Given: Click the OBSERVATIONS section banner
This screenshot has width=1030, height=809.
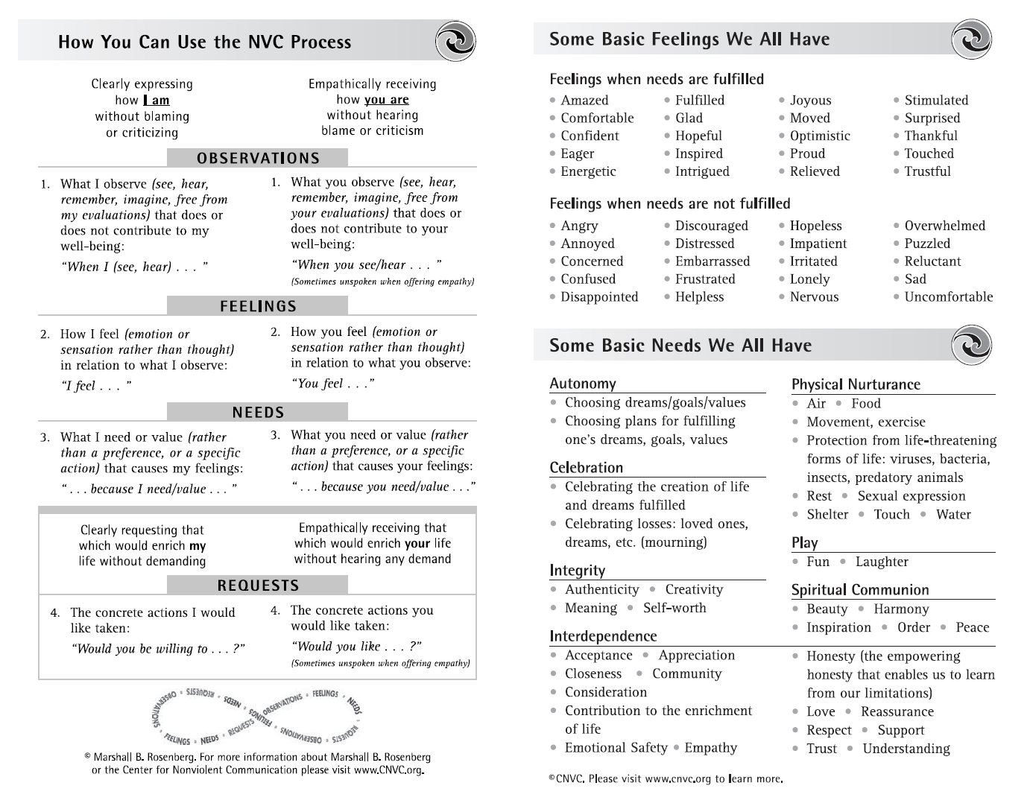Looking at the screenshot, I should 258,158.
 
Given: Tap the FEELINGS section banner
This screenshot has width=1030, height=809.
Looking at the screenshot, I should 258,306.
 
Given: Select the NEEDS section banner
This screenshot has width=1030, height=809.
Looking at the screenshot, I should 258,412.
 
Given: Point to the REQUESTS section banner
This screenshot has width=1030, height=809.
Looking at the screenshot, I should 258,586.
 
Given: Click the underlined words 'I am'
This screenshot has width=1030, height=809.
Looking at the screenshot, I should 157,100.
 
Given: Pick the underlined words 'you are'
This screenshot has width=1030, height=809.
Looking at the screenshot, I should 386,99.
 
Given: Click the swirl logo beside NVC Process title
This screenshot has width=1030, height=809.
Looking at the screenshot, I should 455,41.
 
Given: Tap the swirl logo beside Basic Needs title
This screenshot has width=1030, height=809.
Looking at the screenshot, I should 971,345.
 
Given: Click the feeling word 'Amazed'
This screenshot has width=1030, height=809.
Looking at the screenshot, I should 584,101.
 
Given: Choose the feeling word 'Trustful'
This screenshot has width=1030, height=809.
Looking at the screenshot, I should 927,171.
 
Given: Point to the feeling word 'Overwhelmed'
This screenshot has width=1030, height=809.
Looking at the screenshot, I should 944,226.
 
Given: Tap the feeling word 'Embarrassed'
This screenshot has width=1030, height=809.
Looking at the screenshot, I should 713,261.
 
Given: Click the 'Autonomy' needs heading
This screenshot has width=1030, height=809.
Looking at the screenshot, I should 583,384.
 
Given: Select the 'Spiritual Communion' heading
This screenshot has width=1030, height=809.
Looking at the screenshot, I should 860,590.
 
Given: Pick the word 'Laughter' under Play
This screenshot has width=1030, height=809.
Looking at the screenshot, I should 882,562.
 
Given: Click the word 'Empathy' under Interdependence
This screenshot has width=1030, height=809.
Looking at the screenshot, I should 710,748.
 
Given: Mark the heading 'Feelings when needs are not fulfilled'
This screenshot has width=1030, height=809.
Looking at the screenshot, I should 669,203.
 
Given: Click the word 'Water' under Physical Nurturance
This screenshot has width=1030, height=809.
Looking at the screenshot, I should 953,515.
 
